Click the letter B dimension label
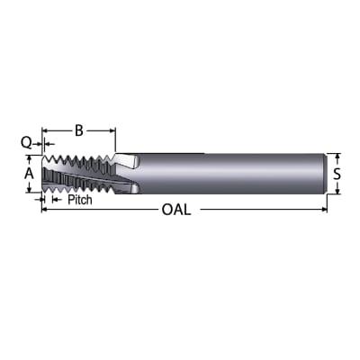pyautogui.click(x=79, y=131)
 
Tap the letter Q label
pyautogui.click(x=26, y=141)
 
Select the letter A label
pyautogui.click(x=29, y=172)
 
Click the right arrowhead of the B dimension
pyautogui.click(x=112, y=131)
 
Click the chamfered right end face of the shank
pyautogui.click(x=322, y=172)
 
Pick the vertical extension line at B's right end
pyautogui.click(x=116, y=139)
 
